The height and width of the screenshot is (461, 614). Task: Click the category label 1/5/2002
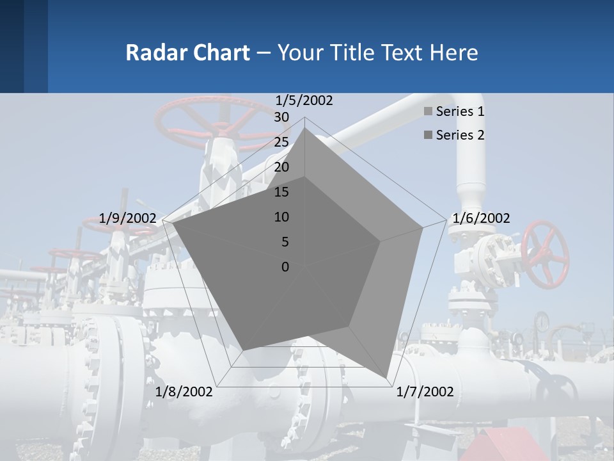pos(304,101)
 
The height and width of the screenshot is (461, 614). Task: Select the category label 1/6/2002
pos(481,218)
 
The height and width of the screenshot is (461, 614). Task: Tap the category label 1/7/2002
pos(425,392)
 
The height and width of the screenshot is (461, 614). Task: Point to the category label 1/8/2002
pos(184,392)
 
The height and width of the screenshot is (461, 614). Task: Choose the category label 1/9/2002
pos(128,218)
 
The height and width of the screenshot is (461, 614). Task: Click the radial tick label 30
pos(281,117)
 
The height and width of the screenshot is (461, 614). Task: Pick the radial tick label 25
pos(281,142)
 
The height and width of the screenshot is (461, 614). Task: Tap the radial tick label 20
pos(281,167)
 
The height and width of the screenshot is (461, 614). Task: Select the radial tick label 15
pos(281,192)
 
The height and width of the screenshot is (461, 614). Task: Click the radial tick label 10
pos(281,217)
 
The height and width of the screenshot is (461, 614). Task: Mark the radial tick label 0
pos(285,267)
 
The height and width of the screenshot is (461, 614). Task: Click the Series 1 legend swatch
pos(428,112)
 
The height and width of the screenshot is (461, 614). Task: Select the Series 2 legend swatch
pos(428,135)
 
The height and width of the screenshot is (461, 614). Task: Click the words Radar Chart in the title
pos(187,53)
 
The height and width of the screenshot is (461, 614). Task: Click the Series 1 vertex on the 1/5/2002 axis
pos(305,128)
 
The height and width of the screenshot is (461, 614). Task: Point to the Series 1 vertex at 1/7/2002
pos(386,377)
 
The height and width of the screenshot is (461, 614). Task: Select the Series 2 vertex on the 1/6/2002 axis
pos(381,241)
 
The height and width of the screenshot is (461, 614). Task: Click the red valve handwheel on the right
pos(545,254)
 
